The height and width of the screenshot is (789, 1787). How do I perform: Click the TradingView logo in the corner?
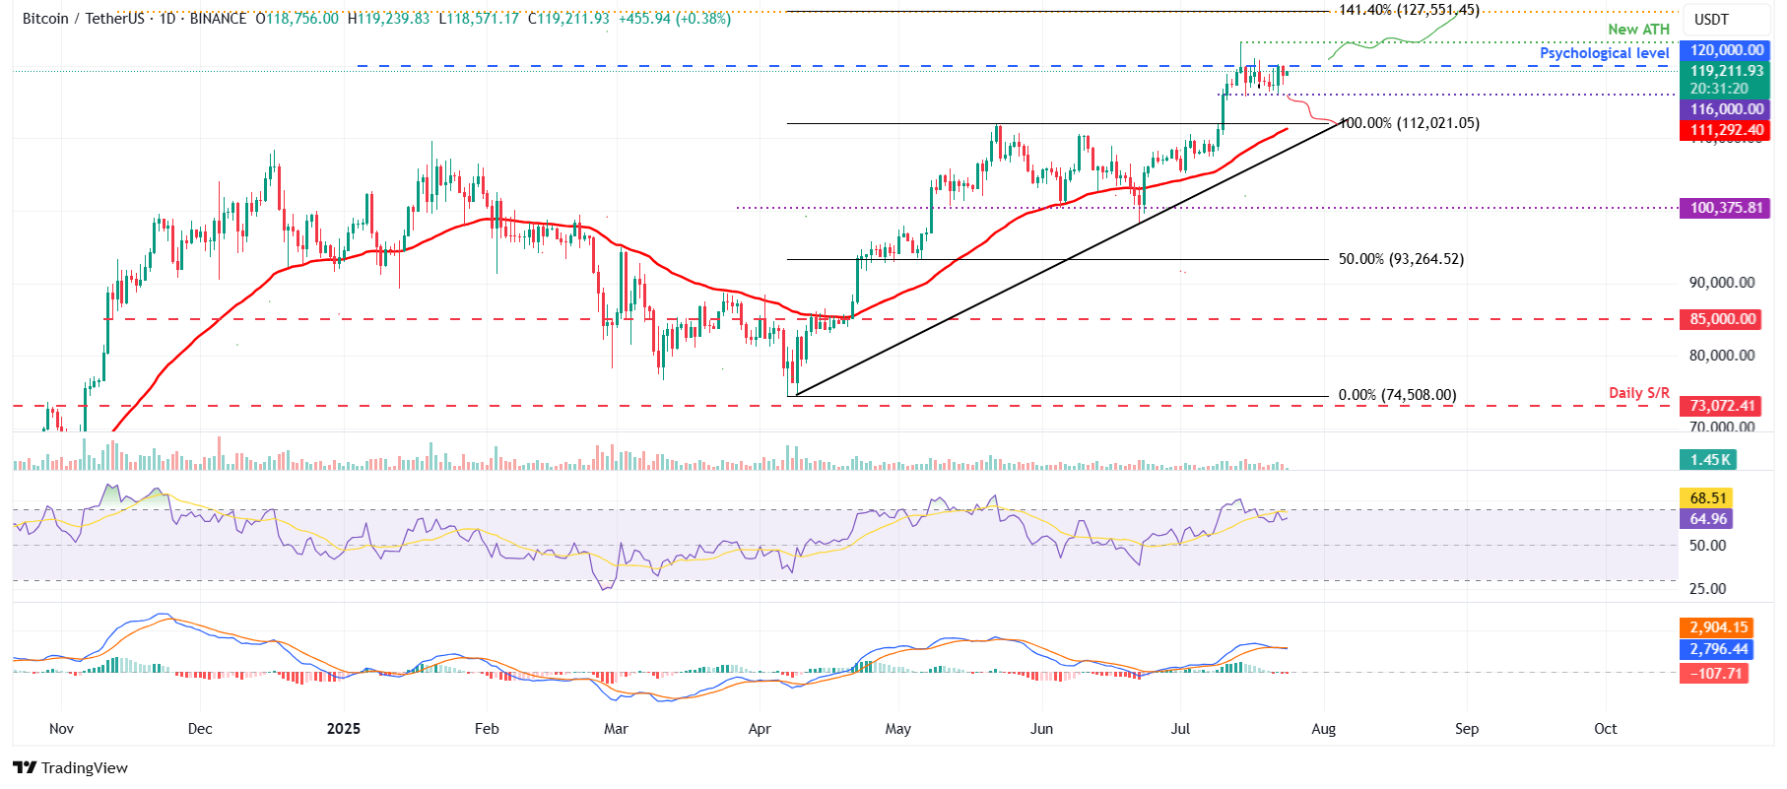(x=70, y=768)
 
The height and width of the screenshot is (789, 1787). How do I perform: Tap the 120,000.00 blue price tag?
(x=1726, y=50)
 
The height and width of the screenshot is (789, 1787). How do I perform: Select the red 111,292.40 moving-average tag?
(x=1726, y=130)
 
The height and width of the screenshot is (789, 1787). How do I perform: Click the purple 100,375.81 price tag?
(x=1726, y=208)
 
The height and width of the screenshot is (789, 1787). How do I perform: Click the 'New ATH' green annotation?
(x=1638, y=30)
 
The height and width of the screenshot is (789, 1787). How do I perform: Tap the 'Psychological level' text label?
(x=1604, y=53)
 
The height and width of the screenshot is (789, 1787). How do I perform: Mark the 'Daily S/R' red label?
(x=1638, y=393)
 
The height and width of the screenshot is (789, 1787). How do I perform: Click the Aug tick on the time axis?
(x=1323, y=729)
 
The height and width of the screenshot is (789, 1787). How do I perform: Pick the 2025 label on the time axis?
(x=343, y=729)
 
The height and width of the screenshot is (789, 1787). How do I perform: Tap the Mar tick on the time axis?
(x=616, y=729)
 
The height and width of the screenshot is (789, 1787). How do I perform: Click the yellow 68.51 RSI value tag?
(x=1708, y=498)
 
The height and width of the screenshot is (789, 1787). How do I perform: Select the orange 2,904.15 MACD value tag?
(x=1718, y=627)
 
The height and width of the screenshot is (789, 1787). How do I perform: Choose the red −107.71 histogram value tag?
(x=1716, y=674)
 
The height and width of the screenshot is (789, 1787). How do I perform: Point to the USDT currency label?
(x=1711, y=20)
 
